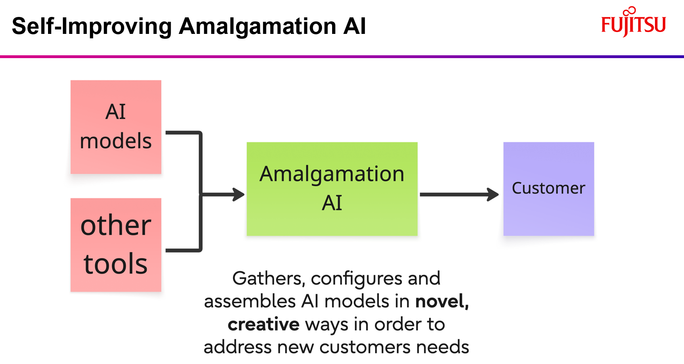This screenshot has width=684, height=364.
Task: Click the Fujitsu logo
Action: (x=633, y=23)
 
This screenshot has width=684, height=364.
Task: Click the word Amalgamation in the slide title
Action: (x=257, y=26)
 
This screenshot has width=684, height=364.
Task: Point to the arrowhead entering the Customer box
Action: (x=493, y=195)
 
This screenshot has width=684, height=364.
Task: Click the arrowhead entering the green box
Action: (x=239, y=195)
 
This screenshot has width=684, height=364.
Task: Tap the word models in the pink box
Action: (x=116, y=141)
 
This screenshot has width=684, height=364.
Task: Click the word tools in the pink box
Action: (x=116, y=264)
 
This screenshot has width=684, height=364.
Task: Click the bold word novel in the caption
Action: (x=441, y=301)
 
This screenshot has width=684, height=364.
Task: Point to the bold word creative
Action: (x=264, y=324)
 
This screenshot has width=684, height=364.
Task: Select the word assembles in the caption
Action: (x=250, y=301)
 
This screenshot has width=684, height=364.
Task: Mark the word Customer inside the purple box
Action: (x=548, y=188)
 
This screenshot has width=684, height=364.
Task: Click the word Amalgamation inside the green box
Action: (x=332, y=174)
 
